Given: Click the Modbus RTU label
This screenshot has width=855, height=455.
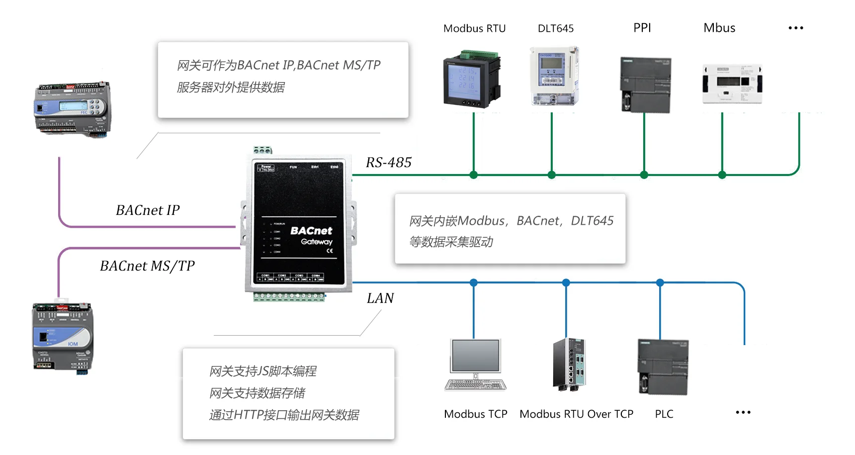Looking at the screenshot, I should point(474,28).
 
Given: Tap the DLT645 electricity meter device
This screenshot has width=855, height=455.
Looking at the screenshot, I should point(554,76).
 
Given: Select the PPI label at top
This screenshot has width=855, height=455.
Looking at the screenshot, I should point(642,28).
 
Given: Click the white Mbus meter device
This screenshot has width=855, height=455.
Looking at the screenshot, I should point(732,84).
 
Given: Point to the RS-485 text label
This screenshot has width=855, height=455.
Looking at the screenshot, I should point(389,163).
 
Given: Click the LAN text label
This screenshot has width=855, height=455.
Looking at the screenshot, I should point(380,298).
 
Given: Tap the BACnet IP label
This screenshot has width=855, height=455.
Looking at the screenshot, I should point(148,210).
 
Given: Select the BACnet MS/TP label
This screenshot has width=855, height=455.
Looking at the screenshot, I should point(147,266).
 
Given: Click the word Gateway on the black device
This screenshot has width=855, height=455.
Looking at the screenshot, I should point(317,242).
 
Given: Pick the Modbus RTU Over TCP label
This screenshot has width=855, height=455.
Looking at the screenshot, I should point(576,414).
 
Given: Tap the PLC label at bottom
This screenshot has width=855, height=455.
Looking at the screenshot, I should point(664,414).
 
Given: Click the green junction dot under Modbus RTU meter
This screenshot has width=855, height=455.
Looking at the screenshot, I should point(474,175).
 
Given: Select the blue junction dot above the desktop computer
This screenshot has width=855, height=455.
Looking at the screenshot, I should point(474,282).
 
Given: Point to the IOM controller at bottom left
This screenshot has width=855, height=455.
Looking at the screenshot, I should point(63,337).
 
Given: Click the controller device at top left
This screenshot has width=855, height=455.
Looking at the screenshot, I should point(73,108).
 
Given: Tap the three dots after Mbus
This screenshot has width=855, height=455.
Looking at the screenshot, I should point(795,28).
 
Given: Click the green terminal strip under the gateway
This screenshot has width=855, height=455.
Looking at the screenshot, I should point(289,297).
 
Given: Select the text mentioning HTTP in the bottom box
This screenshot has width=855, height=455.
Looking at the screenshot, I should point(284,415).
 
